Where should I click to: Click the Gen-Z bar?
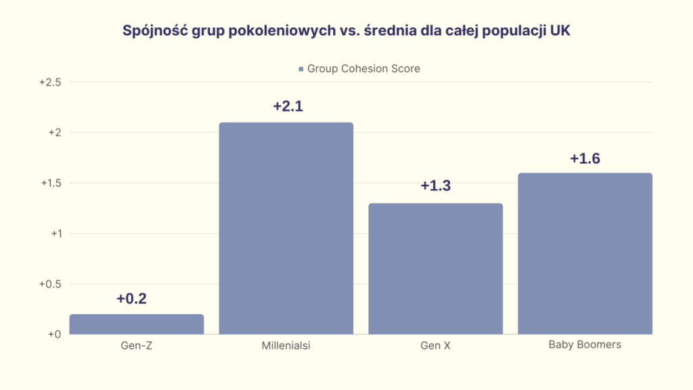tap(137, 324)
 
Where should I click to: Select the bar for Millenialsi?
tap(286, 228)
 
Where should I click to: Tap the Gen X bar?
tap(436, 269)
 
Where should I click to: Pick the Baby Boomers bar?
tap(585, 254)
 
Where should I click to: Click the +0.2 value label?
tap(131, 299)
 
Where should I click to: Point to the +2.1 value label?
tap(288, 107)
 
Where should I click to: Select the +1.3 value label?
tap(436, 186)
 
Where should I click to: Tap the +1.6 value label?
tap(585, 158)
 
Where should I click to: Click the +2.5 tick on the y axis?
tap(51, 83)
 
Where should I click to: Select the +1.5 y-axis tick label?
tap(51, 183)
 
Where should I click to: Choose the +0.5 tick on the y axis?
tap(51, 284)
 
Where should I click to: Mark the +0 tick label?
tap(55, 334)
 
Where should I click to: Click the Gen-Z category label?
tap(136, 346)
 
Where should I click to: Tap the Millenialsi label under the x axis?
tap(286, 346)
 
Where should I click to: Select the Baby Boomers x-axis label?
tap(585, 345)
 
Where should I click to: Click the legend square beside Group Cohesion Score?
tap(300, 69)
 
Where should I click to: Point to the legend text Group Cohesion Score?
tap(363, 68)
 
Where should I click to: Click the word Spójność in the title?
tap(153, 31)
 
